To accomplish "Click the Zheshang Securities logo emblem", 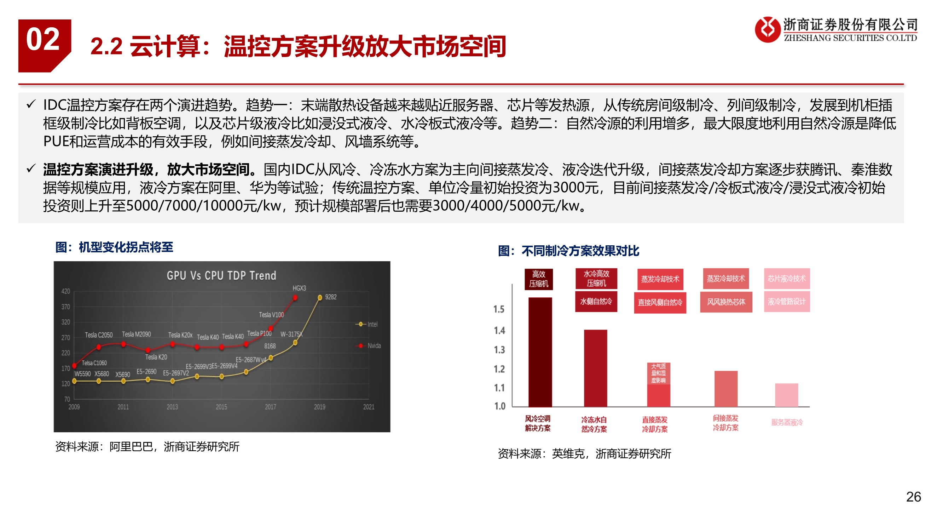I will point(767,29).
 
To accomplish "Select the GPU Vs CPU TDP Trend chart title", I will point(221,275).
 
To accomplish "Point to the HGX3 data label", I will point(299,289).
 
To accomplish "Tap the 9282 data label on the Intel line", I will point(331,297).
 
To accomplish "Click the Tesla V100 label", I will point(271,315).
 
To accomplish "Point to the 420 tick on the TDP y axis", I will point(65,291).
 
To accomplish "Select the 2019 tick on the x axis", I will point(320,407).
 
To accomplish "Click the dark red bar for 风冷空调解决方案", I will point(540,352).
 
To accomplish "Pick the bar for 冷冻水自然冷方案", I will point(595,368).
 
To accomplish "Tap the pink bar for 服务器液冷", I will point(787,395).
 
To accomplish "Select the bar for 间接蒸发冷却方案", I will point(726,388).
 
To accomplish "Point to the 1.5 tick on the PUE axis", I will point(499,309).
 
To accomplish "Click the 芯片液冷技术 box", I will point(787,279).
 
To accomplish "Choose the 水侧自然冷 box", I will point(596,302).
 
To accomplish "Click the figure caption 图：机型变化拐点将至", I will point(114,247).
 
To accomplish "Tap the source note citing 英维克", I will point(584,454).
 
